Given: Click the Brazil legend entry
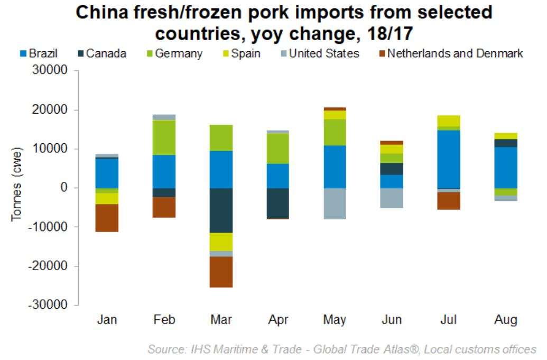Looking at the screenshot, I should [39, 53].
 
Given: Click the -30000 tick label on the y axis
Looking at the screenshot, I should [52, 305].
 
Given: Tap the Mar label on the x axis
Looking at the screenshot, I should [221, 320].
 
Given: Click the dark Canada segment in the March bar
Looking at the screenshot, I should [221, 210].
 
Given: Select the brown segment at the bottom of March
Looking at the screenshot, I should [221, 272].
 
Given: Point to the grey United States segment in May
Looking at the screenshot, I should [335, 204].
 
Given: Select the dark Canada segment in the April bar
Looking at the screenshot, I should [278, 203].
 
